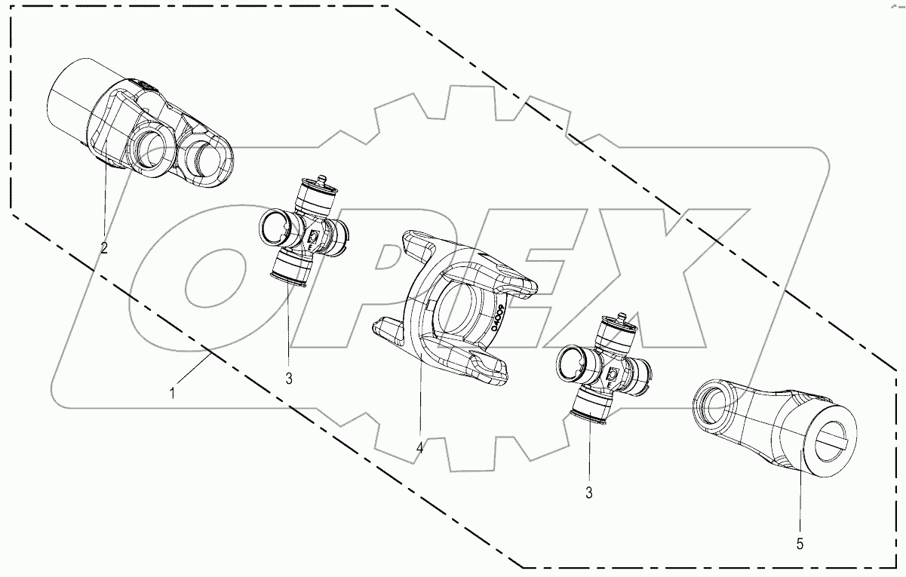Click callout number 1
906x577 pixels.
(172, 392)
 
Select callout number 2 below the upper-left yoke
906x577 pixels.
(104, 247)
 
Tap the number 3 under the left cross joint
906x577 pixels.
(289, 377)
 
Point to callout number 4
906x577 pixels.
(419, 448)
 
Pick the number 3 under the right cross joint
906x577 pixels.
(588, 494)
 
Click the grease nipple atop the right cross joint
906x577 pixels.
(622, 318)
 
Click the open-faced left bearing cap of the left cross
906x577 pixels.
(275, 225)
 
